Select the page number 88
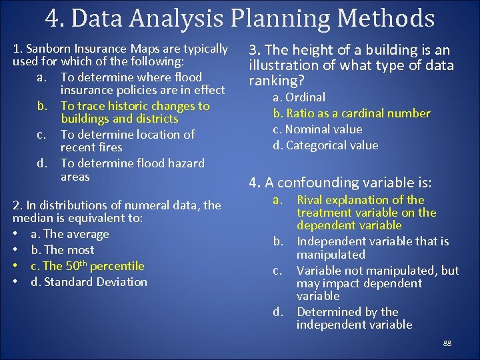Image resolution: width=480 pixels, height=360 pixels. (447, 343)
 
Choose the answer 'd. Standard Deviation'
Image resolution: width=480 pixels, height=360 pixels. (89, 282)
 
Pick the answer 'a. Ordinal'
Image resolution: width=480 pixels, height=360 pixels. (299, 97)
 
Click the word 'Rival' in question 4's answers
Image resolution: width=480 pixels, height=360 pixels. (311, 200)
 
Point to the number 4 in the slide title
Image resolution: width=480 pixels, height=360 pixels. (53, 18)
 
